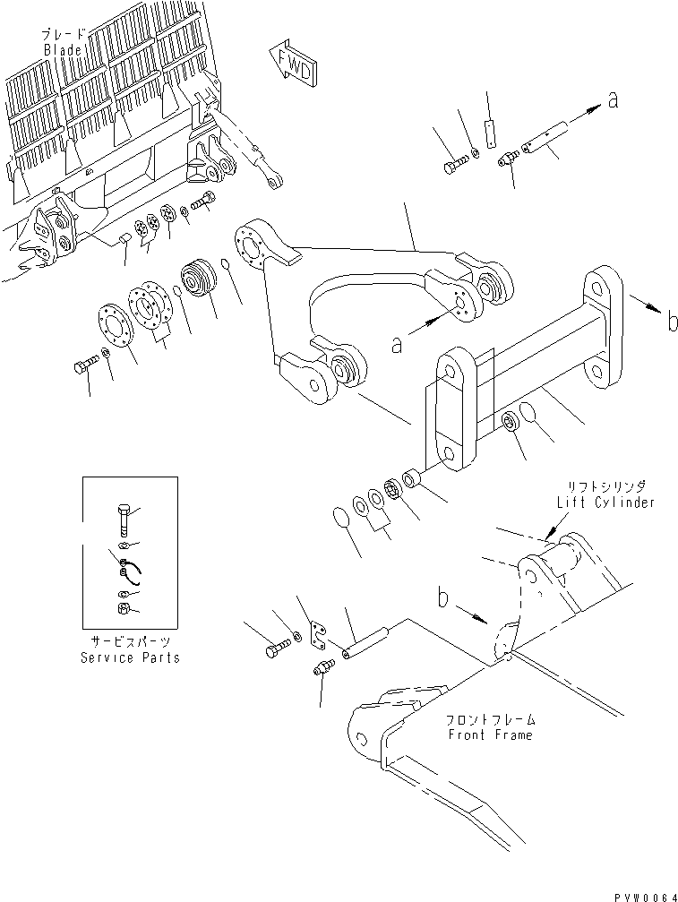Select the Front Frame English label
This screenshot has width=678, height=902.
489,734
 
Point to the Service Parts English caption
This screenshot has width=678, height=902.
131,657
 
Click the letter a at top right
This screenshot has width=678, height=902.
613,101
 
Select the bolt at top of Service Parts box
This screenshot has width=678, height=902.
124,520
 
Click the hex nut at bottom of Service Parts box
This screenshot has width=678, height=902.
124,611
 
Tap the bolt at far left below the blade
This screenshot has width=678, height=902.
82,366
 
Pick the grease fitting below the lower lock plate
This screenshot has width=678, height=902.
324,669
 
